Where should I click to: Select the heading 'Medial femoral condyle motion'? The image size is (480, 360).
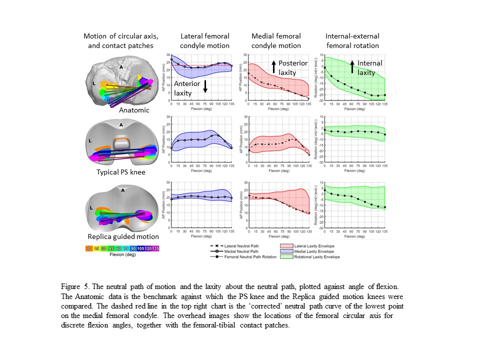coord(276,41)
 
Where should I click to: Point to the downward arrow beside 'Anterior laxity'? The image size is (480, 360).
coord(205,86)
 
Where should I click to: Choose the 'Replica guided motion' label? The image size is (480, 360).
coord(123,236)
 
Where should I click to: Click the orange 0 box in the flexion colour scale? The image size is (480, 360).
coord(89,247)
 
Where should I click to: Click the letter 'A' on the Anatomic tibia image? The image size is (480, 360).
coord(121,65)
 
